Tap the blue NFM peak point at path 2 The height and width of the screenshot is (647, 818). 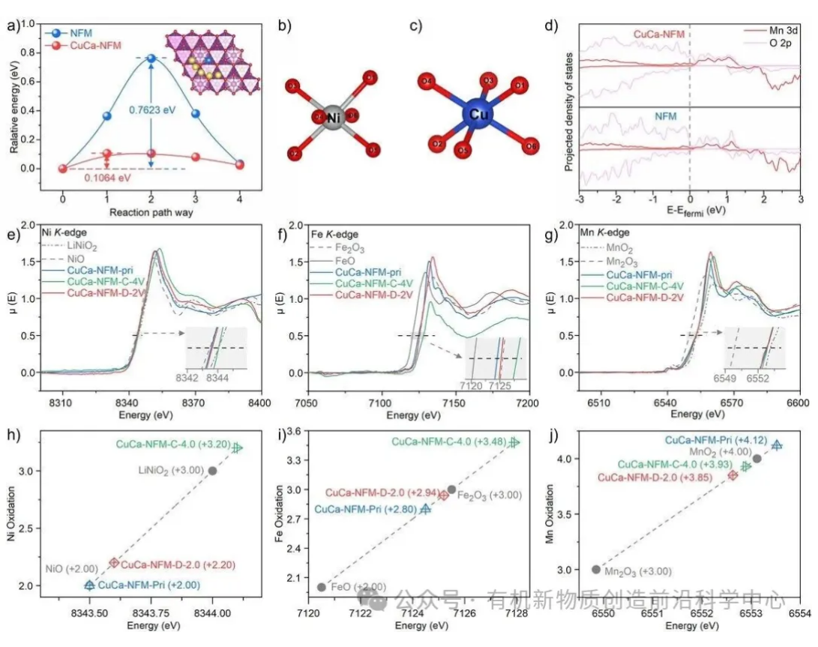151,58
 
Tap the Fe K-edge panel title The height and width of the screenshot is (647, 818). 333,233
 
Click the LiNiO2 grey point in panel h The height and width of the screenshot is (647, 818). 213,471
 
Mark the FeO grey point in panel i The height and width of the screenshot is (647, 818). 322,587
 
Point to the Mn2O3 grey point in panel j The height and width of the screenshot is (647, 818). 596,570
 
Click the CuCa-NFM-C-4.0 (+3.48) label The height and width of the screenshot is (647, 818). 448,442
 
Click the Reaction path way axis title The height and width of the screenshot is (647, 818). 151,212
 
